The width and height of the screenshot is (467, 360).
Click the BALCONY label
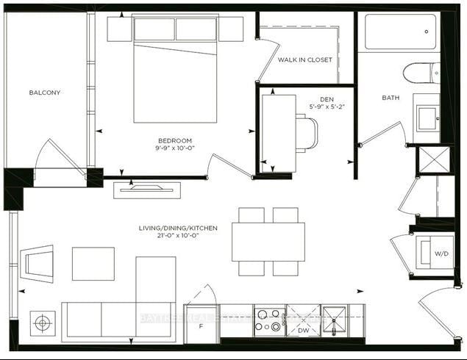click(x=45, y=93)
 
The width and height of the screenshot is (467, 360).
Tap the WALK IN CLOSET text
click(x=304, y=60)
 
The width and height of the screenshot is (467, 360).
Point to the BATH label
click(x=391, y=97)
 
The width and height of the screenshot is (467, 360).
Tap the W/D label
click(x=441, y=253)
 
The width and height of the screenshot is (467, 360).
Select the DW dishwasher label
click(x=302, y=331)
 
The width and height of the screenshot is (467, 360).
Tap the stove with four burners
click(x=270, y=319)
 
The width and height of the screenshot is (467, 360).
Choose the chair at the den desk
click(x=307, y=134)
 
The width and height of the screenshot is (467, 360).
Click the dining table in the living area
click(x=268, y=242)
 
